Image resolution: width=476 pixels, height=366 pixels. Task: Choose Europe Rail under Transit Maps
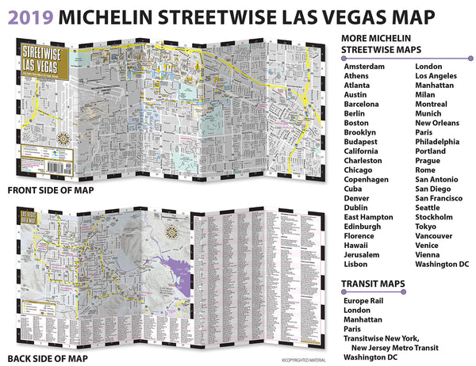coord(367,302)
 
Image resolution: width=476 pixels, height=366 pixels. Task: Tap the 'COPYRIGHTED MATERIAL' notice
coord(308,360)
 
